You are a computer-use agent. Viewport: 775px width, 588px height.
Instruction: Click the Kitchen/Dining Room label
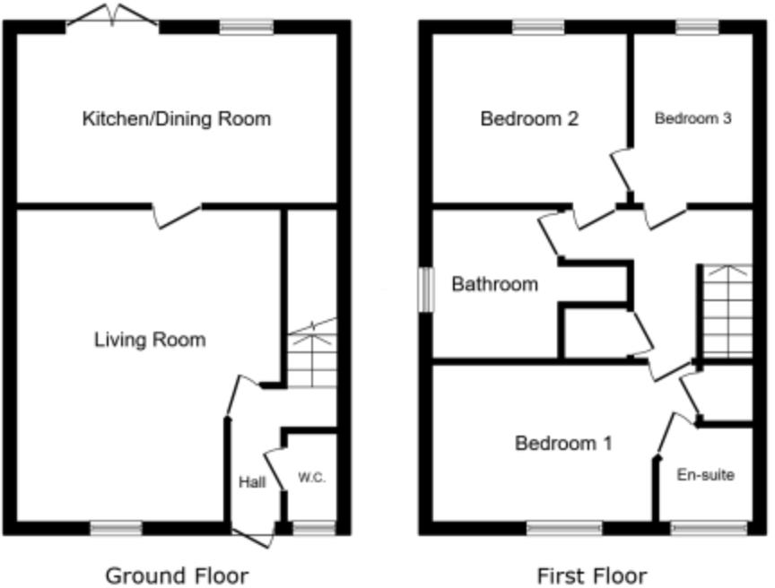click(x=177, y=118)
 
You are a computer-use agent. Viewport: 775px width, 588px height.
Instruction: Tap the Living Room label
click(x=150, y=340)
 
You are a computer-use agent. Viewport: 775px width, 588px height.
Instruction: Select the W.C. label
click(x=311, y=478)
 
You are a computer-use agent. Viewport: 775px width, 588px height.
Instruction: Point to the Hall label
click(x=252, y=482)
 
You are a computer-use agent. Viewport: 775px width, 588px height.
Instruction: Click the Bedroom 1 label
click(x=563, y=443)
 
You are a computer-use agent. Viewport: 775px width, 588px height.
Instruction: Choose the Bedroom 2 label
click(x=528, y=118)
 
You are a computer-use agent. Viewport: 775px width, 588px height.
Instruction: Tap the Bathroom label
click(x=495, y=285)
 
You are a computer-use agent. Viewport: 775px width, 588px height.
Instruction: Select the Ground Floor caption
click(x=177, y=575)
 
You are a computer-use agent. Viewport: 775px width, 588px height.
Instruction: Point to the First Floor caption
click(x=592, y=575)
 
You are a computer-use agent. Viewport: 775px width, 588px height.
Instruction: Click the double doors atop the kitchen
click(x=112, y=15)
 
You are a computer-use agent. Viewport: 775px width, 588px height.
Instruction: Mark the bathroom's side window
click(x=427, y=290)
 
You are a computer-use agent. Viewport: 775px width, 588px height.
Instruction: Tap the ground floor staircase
click(x=312, y=355)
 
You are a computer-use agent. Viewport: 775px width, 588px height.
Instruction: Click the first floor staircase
click(x=725, y=309)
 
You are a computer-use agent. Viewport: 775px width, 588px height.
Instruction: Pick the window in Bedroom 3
click(x=697, y=27)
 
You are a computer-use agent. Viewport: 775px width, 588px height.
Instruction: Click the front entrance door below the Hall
click(x=254, y=535)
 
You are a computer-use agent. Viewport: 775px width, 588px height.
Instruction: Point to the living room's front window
click(x=116, y=528)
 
